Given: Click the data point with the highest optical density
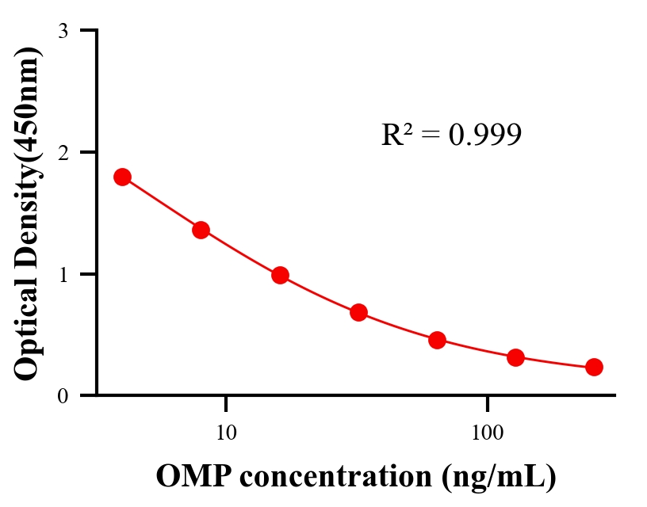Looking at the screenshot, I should pyautogui.click(x=122, y=177).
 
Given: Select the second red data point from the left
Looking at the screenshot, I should pyautogui.click(x=201, y=230).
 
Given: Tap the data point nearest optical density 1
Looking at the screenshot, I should pyautogui.click(x=280, y=276).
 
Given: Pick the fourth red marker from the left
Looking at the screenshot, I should pyautogui.click(x=358, y=312).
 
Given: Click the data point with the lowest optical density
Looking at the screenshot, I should pyautogui.click(x=594, y=367).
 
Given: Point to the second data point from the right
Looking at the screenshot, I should pyautogui.click(x=515, y=357).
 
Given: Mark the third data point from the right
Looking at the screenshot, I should pyautogui.click(x=437, y=340).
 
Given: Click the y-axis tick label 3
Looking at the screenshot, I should pyautogui.click(x=63, y=31).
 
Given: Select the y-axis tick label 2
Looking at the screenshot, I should pyautogui.click(x=63, y=152).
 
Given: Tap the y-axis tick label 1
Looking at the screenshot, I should pyautogui.click(x=63, y=274).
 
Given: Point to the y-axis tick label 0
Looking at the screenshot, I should pyautogui.click(x=63, y=396).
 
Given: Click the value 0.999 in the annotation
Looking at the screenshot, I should pyautogui.click(x=484, y=135).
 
